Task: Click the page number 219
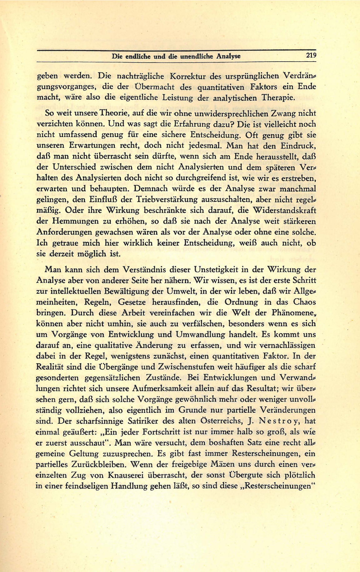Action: (x=311, y=56)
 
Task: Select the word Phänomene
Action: (x=293, y=313)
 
